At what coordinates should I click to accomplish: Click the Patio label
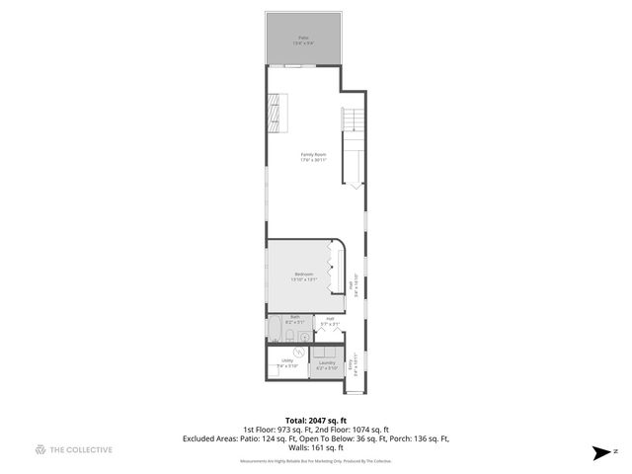[x=303, y=41]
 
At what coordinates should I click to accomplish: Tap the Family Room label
[x=315, y=157]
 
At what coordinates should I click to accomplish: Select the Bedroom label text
[x=303, y=276]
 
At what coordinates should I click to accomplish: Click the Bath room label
[x=295, y=320]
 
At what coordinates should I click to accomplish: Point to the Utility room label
[x=287, y=363]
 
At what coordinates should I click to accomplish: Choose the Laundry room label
[x=327, y=364]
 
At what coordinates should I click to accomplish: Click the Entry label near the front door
[x=352, y=367]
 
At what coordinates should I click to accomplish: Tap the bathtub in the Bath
[x=276, y=329]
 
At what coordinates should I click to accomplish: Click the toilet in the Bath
[x=304, y=333]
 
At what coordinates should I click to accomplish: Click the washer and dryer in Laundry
[x=327, y=352]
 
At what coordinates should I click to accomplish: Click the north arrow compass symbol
[x=601, y=452]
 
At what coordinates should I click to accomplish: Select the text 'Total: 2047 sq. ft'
[x=315, y=420]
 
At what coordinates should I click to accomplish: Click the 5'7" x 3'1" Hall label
[x=329, y=321]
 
